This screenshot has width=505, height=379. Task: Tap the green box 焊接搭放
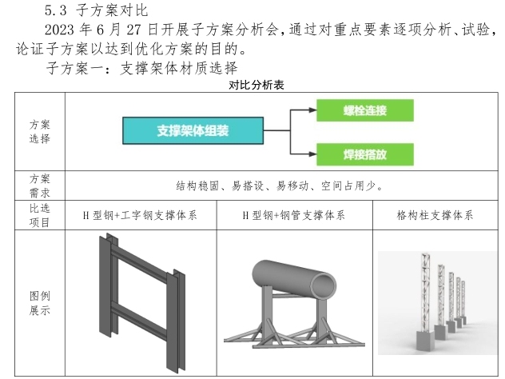coord(364,153)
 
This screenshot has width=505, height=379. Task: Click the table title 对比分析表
coord(252,85)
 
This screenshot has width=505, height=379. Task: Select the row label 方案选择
coord(39,131)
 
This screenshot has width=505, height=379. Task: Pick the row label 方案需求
coord(39,186)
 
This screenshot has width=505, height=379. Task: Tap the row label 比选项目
coord(39,216)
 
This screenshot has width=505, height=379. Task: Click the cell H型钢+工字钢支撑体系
coord(140,216)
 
